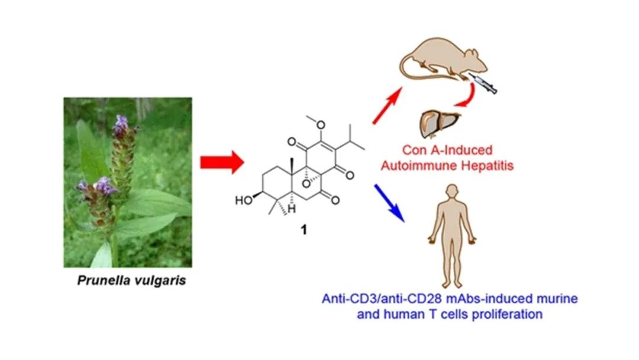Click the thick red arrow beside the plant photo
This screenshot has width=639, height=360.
pos(221,162)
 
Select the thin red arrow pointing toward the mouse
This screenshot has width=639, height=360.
pos(388,105)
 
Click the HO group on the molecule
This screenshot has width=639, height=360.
pos(243,201)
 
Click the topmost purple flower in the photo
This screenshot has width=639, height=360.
pos(122,123)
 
